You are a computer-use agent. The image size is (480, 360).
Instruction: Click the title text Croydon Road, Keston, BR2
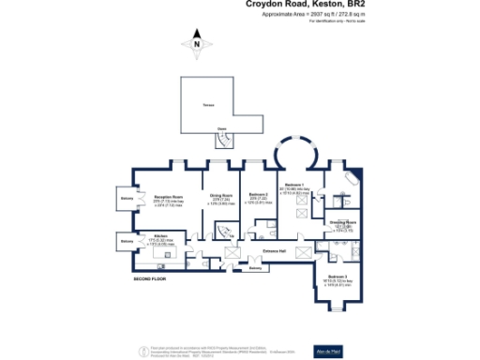305,5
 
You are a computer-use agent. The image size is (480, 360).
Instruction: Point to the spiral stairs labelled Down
225,138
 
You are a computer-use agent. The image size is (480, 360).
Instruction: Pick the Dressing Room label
342,223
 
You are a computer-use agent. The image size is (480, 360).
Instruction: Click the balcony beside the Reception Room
127,199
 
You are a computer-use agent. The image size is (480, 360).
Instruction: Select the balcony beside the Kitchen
127,242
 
